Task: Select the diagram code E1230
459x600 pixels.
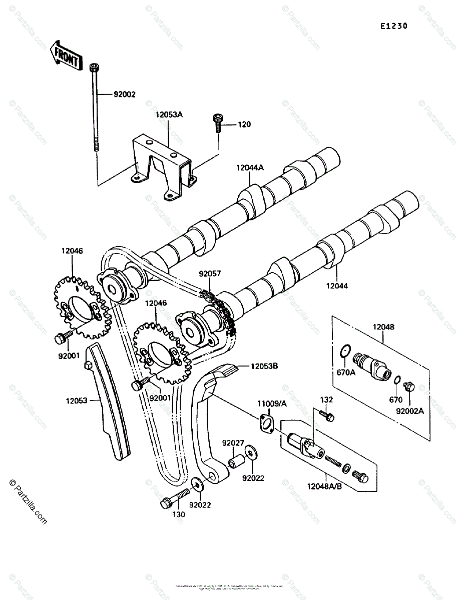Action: pos(393,26)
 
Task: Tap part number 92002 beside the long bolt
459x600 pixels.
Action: pos(111,94)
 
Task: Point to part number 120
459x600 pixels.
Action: pos(245,124)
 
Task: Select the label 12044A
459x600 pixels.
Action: pos(250,168)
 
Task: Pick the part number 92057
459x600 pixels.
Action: pos(210,274)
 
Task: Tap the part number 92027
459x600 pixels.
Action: pos(233,442)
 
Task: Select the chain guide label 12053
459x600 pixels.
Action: pos(76,400)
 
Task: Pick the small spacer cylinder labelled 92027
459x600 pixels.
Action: pos(235,459)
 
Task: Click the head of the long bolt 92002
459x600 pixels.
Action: pos(94,67)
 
